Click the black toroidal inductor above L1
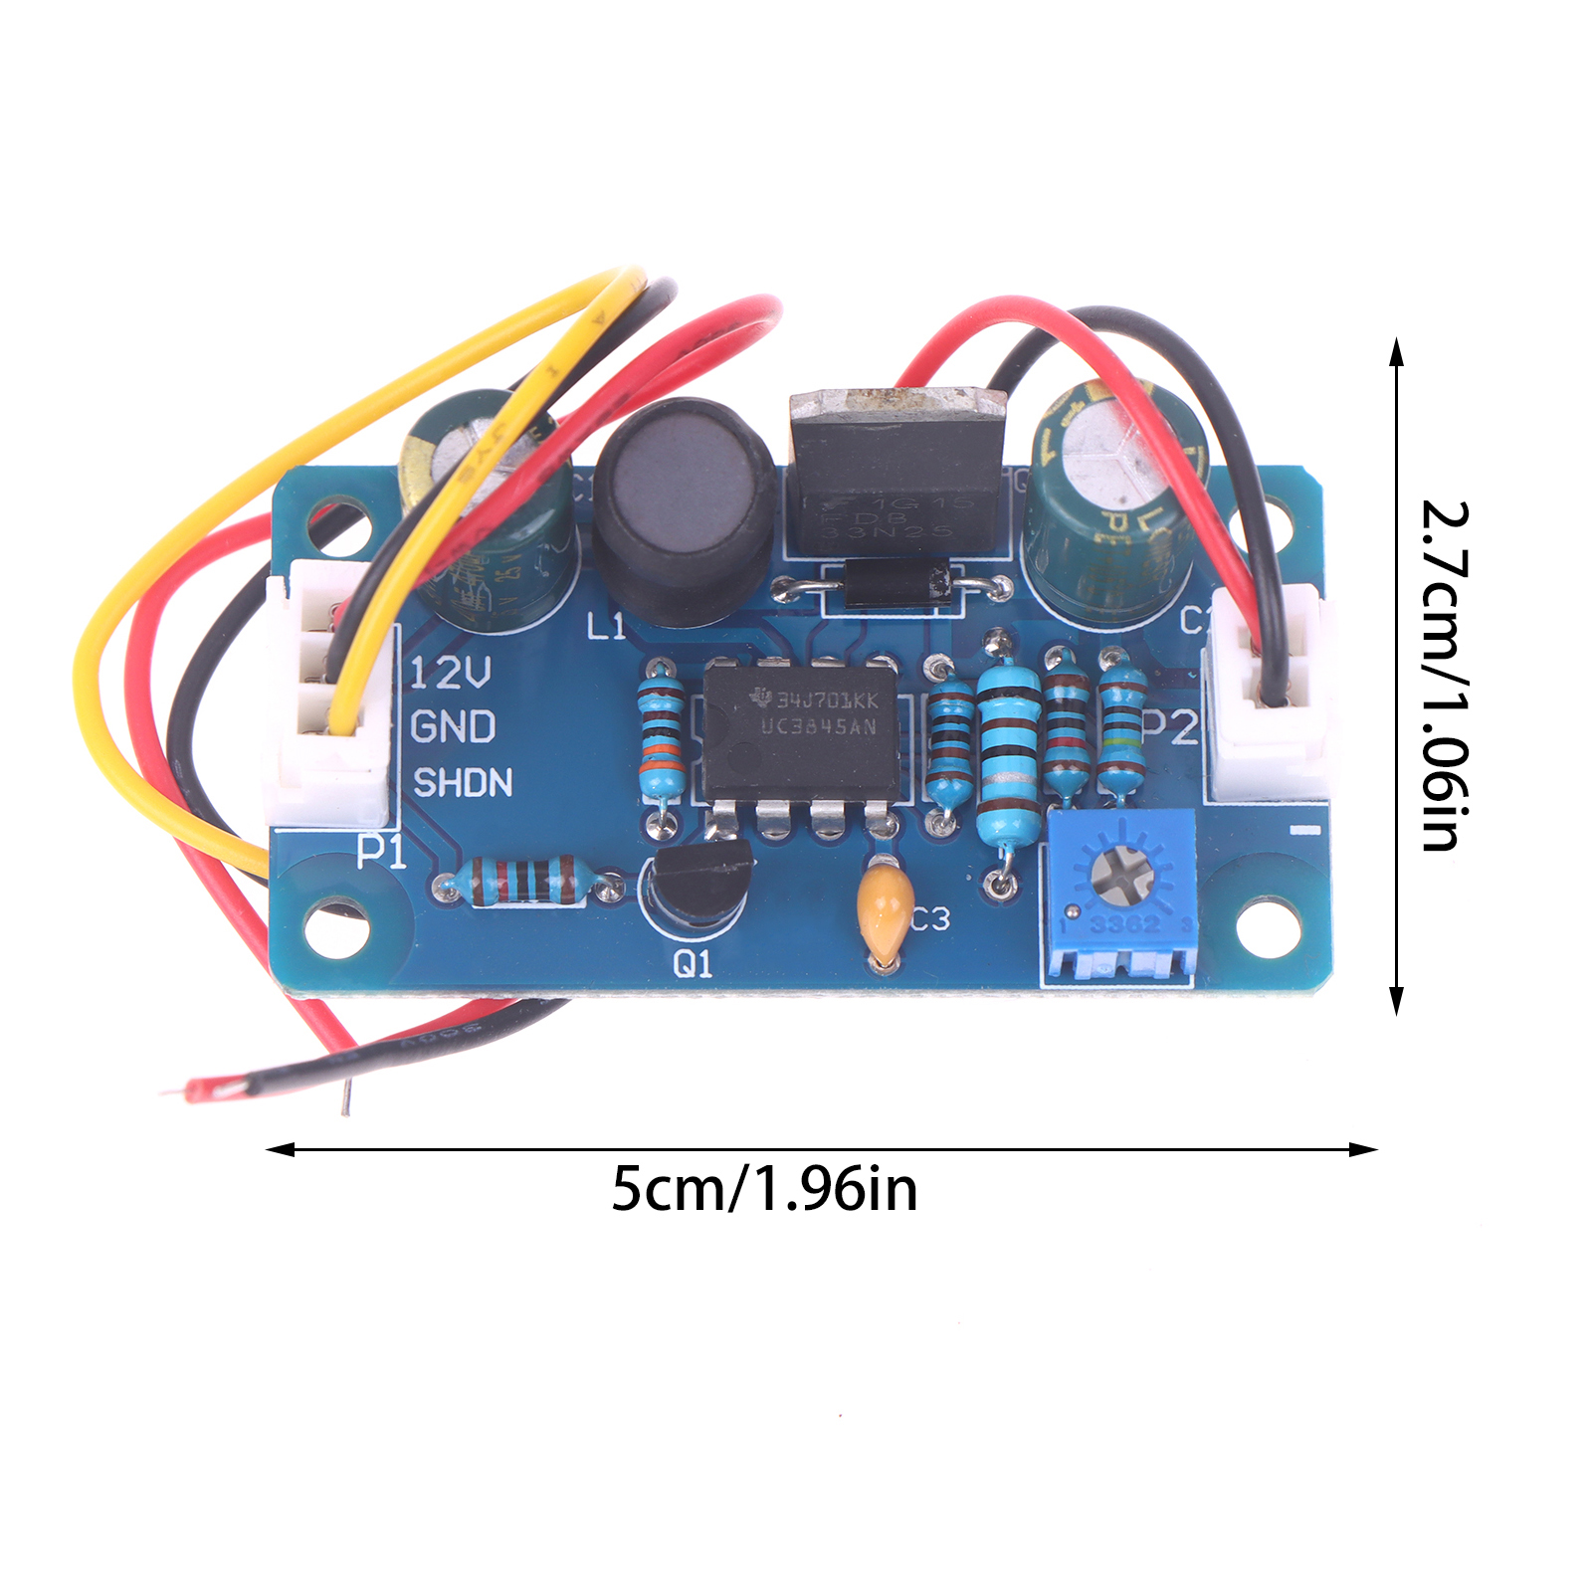685,507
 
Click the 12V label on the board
450,674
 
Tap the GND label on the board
453,727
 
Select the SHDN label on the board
463,783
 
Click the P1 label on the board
382,852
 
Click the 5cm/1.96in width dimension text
764,1189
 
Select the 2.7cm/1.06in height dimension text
1445,676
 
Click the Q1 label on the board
694,963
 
